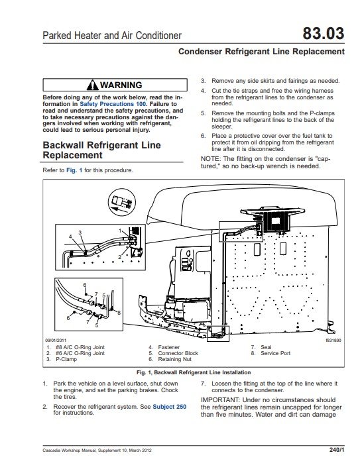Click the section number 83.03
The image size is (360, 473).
point(324,34)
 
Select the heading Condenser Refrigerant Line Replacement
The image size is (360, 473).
point(262,51)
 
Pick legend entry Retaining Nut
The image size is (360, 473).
point(174,360)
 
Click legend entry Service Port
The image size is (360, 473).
point(276,354)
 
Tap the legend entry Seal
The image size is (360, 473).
point(266,347)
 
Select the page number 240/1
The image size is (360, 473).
point(336,450)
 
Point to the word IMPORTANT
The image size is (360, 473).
point(224,399)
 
